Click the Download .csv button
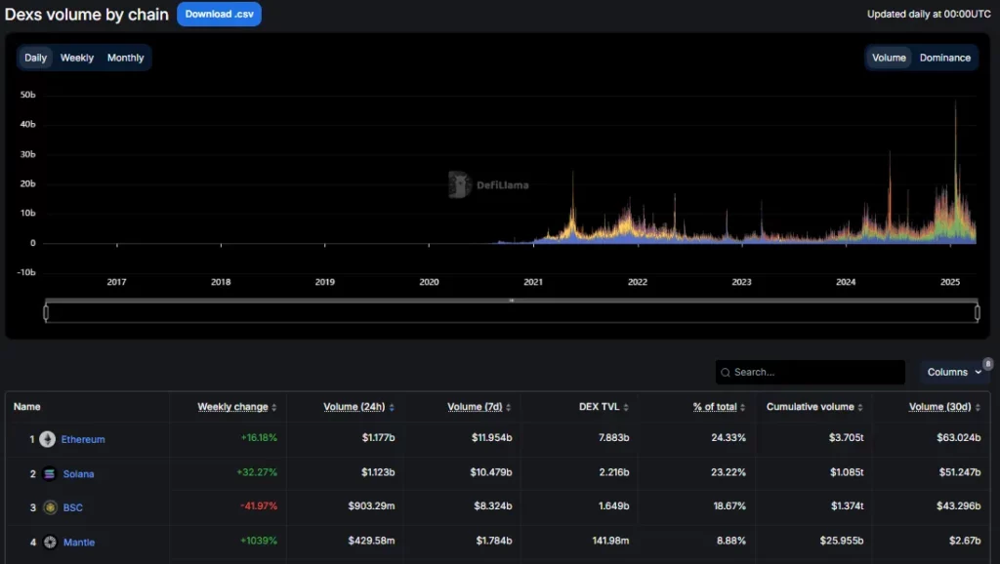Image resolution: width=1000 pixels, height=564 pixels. [219, 15]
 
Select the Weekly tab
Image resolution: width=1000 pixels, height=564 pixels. [77, 58]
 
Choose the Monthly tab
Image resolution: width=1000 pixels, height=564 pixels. [125, 58]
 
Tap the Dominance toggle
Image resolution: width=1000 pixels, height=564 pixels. [944, 58]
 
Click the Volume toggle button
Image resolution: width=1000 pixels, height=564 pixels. [889, 58]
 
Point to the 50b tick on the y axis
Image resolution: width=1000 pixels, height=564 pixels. [27, 95]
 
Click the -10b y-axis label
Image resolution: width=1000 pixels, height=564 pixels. [26, 272]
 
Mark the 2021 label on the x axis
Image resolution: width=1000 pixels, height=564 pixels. [533, 282]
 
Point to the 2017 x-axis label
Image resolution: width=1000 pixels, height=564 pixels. [116, 282]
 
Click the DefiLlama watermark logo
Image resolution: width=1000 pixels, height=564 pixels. [489, 184]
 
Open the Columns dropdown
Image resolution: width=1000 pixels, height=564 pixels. [954, 372]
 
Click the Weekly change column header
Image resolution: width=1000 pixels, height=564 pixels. [232, 407]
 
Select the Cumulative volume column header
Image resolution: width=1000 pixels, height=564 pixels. [811, 407]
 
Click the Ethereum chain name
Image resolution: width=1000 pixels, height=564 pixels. [83, 439]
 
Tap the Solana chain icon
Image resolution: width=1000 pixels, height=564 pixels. [49, 473]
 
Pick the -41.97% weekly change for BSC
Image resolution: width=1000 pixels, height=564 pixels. [257, 507]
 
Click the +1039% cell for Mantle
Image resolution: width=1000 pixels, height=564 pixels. [259, 542]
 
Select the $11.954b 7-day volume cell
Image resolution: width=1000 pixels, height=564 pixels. [483, 439]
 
